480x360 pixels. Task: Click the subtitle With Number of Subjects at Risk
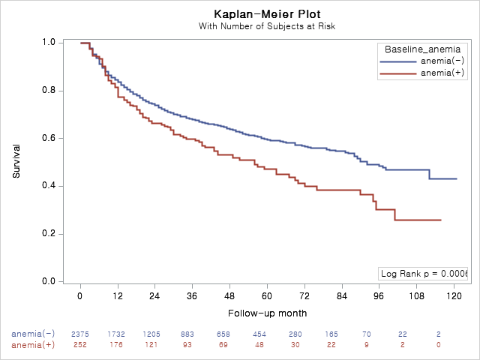click(266, 26)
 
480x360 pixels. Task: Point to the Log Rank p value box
click(423, 274)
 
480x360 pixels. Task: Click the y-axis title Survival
click(16, 160)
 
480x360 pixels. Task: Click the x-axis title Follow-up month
click(266, 313)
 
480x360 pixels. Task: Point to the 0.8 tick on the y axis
click(49, 91)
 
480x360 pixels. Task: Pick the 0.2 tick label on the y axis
click(49, 234)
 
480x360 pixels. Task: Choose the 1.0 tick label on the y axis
click(49, 43)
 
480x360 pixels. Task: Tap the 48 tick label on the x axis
click(229, 296)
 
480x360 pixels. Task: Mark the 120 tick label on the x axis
click(454, 296)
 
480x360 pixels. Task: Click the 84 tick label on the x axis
click(342, 296)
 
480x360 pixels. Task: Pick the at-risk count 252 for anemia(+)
click(80, 344)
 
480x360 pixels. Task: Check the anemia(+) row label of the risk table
click(33, 344)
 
